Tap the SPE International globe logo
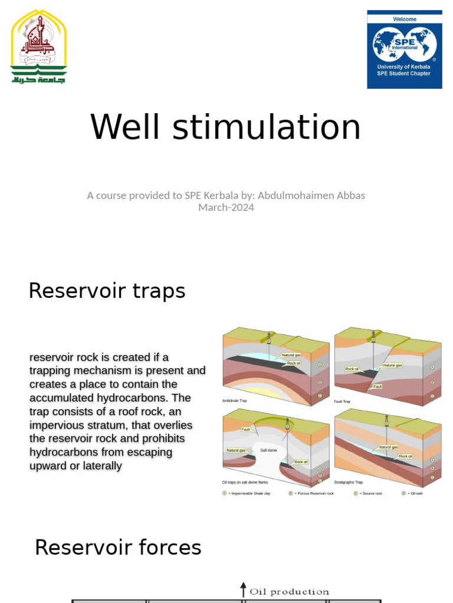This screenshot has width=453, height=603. tap(405, 44)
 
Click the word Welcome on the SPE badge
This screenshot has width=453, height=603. tap(405, 19)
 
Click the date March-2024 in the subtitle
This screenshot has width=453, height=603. tap(226, 207)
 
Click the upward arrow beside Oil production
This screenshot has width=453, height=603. tap(243, 589)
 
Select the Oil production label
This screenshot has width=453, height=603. tap(289, 591)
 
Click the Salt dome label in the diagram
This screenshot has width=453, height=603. tap(268, 450)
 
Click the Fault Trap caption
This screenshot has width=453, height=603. tap(343, 402)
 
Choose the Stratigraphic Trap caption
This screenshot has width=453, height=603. tap(349, 482)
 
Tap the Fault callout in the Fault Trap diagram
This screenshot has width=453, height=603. tap(377, 386)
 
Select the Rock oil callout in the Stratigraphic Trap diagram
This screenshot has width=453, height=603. tap(406, 456)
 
